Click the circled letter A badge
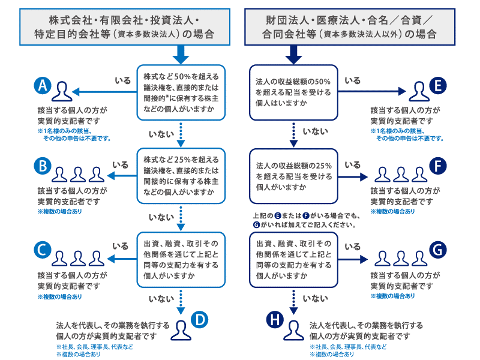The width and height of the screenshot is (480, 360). coord(42,86)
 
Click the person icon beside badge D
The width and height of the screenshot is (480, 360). coord(180,329)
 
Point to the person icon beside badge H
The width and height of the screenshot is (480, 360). coord(293,329)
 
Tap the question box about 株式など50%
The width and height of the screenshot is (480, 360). coord(181,92)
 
